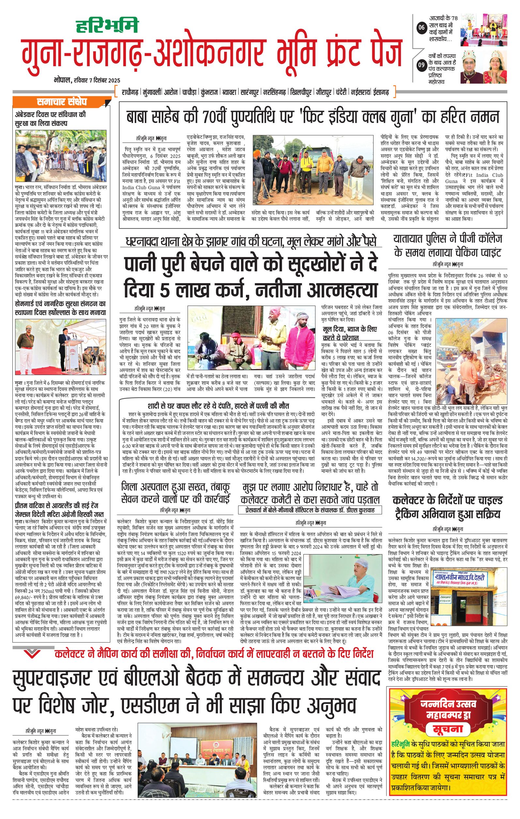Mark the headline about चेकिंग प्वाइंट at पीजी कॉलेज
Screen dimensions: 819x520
(x=448, y=246)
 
